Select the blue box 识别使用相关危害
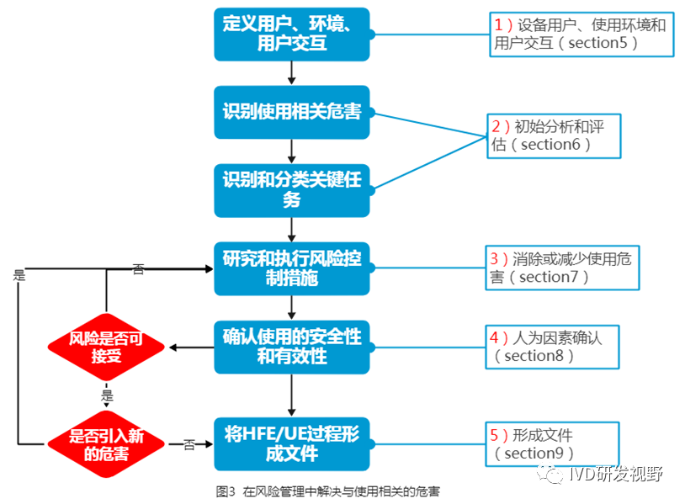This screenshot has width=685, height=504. pyautogui.click(x=291, y=112)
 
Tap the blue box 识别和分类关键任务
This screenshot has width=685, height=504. pyautogui.click(x=291, y=189)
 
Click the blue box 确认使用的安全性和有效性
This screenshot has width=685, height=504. pyautogui.click(x=291, y=346)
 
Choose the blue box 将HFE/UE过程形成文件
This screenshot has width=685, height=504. pyautogui.click(x=291, y=443)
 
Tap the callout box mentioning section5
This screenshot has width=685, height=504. pyautogui.click(x=580, y=34)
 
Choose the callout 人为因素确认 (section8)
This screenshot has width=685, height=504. pyautogui.click(x=554, y=346)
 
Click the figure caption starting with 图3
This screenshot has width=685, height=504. pyautogui.click(x=328, y=491)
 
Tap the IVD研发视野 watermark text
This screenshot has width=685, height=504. pyautogui.click(x=615, y=474)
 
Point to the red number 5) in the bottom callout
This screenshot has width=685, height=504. pyautogui.click(x=500, y=435)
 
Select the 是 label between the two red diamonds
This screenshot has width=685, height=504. pyautogui.click(x=107, y=395)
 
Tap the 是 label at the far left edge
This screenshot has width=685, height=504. pyautogui.click(x=19, y=274)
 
